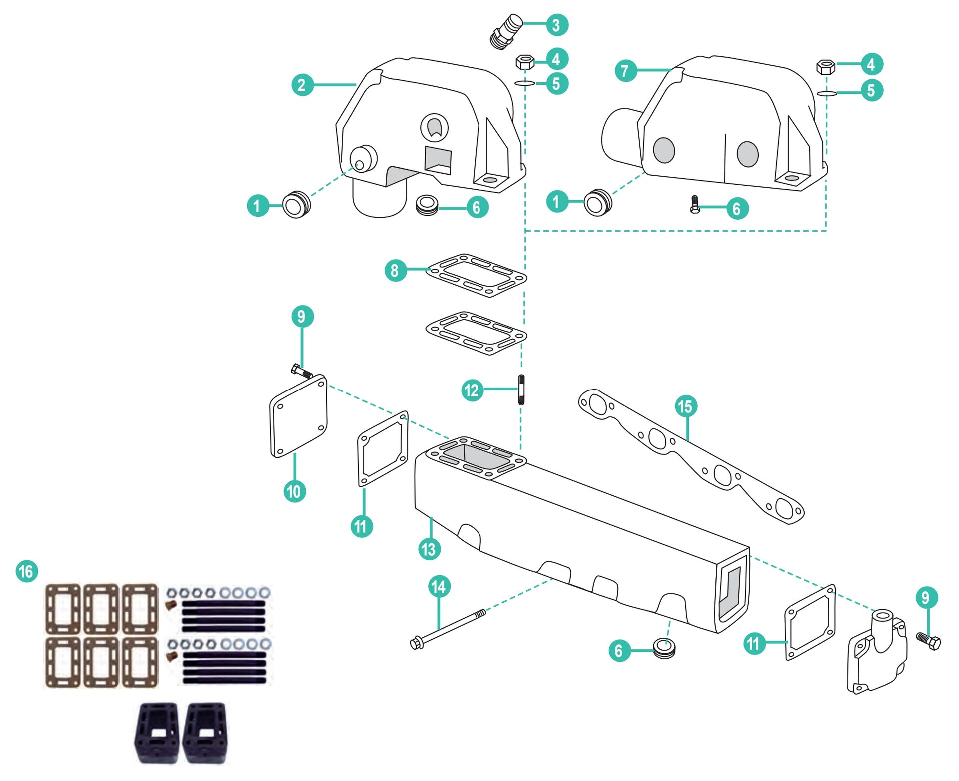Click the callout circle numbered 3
(x=557, y=25)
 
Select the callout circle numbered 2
(x=302, y=85)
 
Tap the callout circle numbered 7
(x=626, y=71)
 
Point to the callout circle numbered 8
(x=395, y=270)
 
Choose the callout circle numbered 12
(x=472, y=390)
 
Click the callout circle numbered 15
(x=686, y=406)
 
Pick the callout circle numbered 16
(x=27, y=571)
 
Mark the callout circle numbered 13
(x=429, y=549)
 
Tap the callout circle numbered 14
(x=439, y=586)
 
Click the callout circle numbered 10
(x=295, y=491)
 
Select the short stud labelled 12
(x=521, y=390)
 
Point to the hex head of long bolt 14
(x=416, y=644)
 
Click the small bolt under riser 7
(x=694, y=204)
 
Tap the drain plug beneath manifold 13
(x=664, y=649)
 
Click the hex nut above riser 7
(x=825, y=67)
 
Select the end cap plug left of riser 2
(x=296, y=204)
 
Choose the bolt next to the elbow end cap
(x=929, y=641)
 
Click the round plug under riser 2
(x=427, y=205)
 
